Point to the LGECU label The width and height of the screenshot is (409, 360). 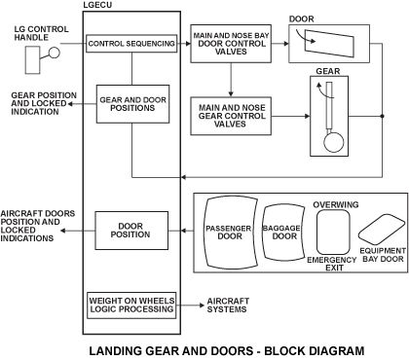coord(97,5)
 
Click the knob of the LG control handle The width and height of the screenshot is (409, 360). coord(55,53)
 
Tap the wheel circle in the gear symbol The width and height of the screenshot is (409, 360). coord(334,142)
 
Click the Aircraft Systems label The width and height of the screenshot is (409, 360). coord(228,306)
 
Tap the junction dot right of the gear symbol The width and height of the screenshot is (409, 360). coord(382,116)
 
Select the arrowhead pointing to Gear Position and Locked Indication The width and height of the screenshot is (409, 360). coord(69,104)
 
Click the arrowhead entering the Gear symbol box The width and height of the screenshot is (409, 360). coord(308,116)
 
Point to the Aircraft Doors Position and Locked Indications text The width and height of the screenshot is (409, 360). coord(38,226)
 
